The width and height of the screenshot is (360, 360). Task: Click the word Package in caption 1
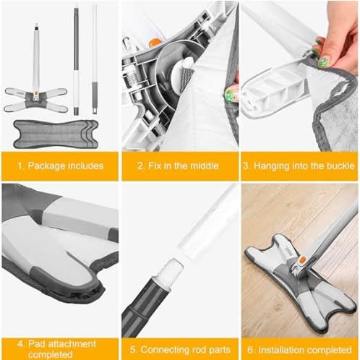tap(46, 166)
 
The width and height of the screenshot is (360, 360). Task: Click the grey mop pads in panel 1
tap(56, 134)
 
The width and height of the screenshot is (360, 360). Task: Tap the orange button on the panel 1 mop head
tap(35, 92)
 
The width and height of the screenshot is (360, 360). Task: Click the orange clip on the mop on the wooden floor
tap(302, 260)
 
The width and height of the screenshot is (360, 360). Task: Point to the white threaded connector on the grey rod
tap(170, 272)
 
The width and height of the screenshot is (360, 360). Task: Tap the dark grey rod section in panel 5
tap(145, 307)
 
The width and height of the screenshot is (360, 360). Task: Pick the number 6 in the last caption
tap(250, 350)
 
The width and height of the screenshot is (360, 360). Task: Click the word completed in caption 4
tap(50, 355)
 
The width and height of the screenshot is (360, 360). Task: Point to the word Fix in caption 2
tap(155, 166)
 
